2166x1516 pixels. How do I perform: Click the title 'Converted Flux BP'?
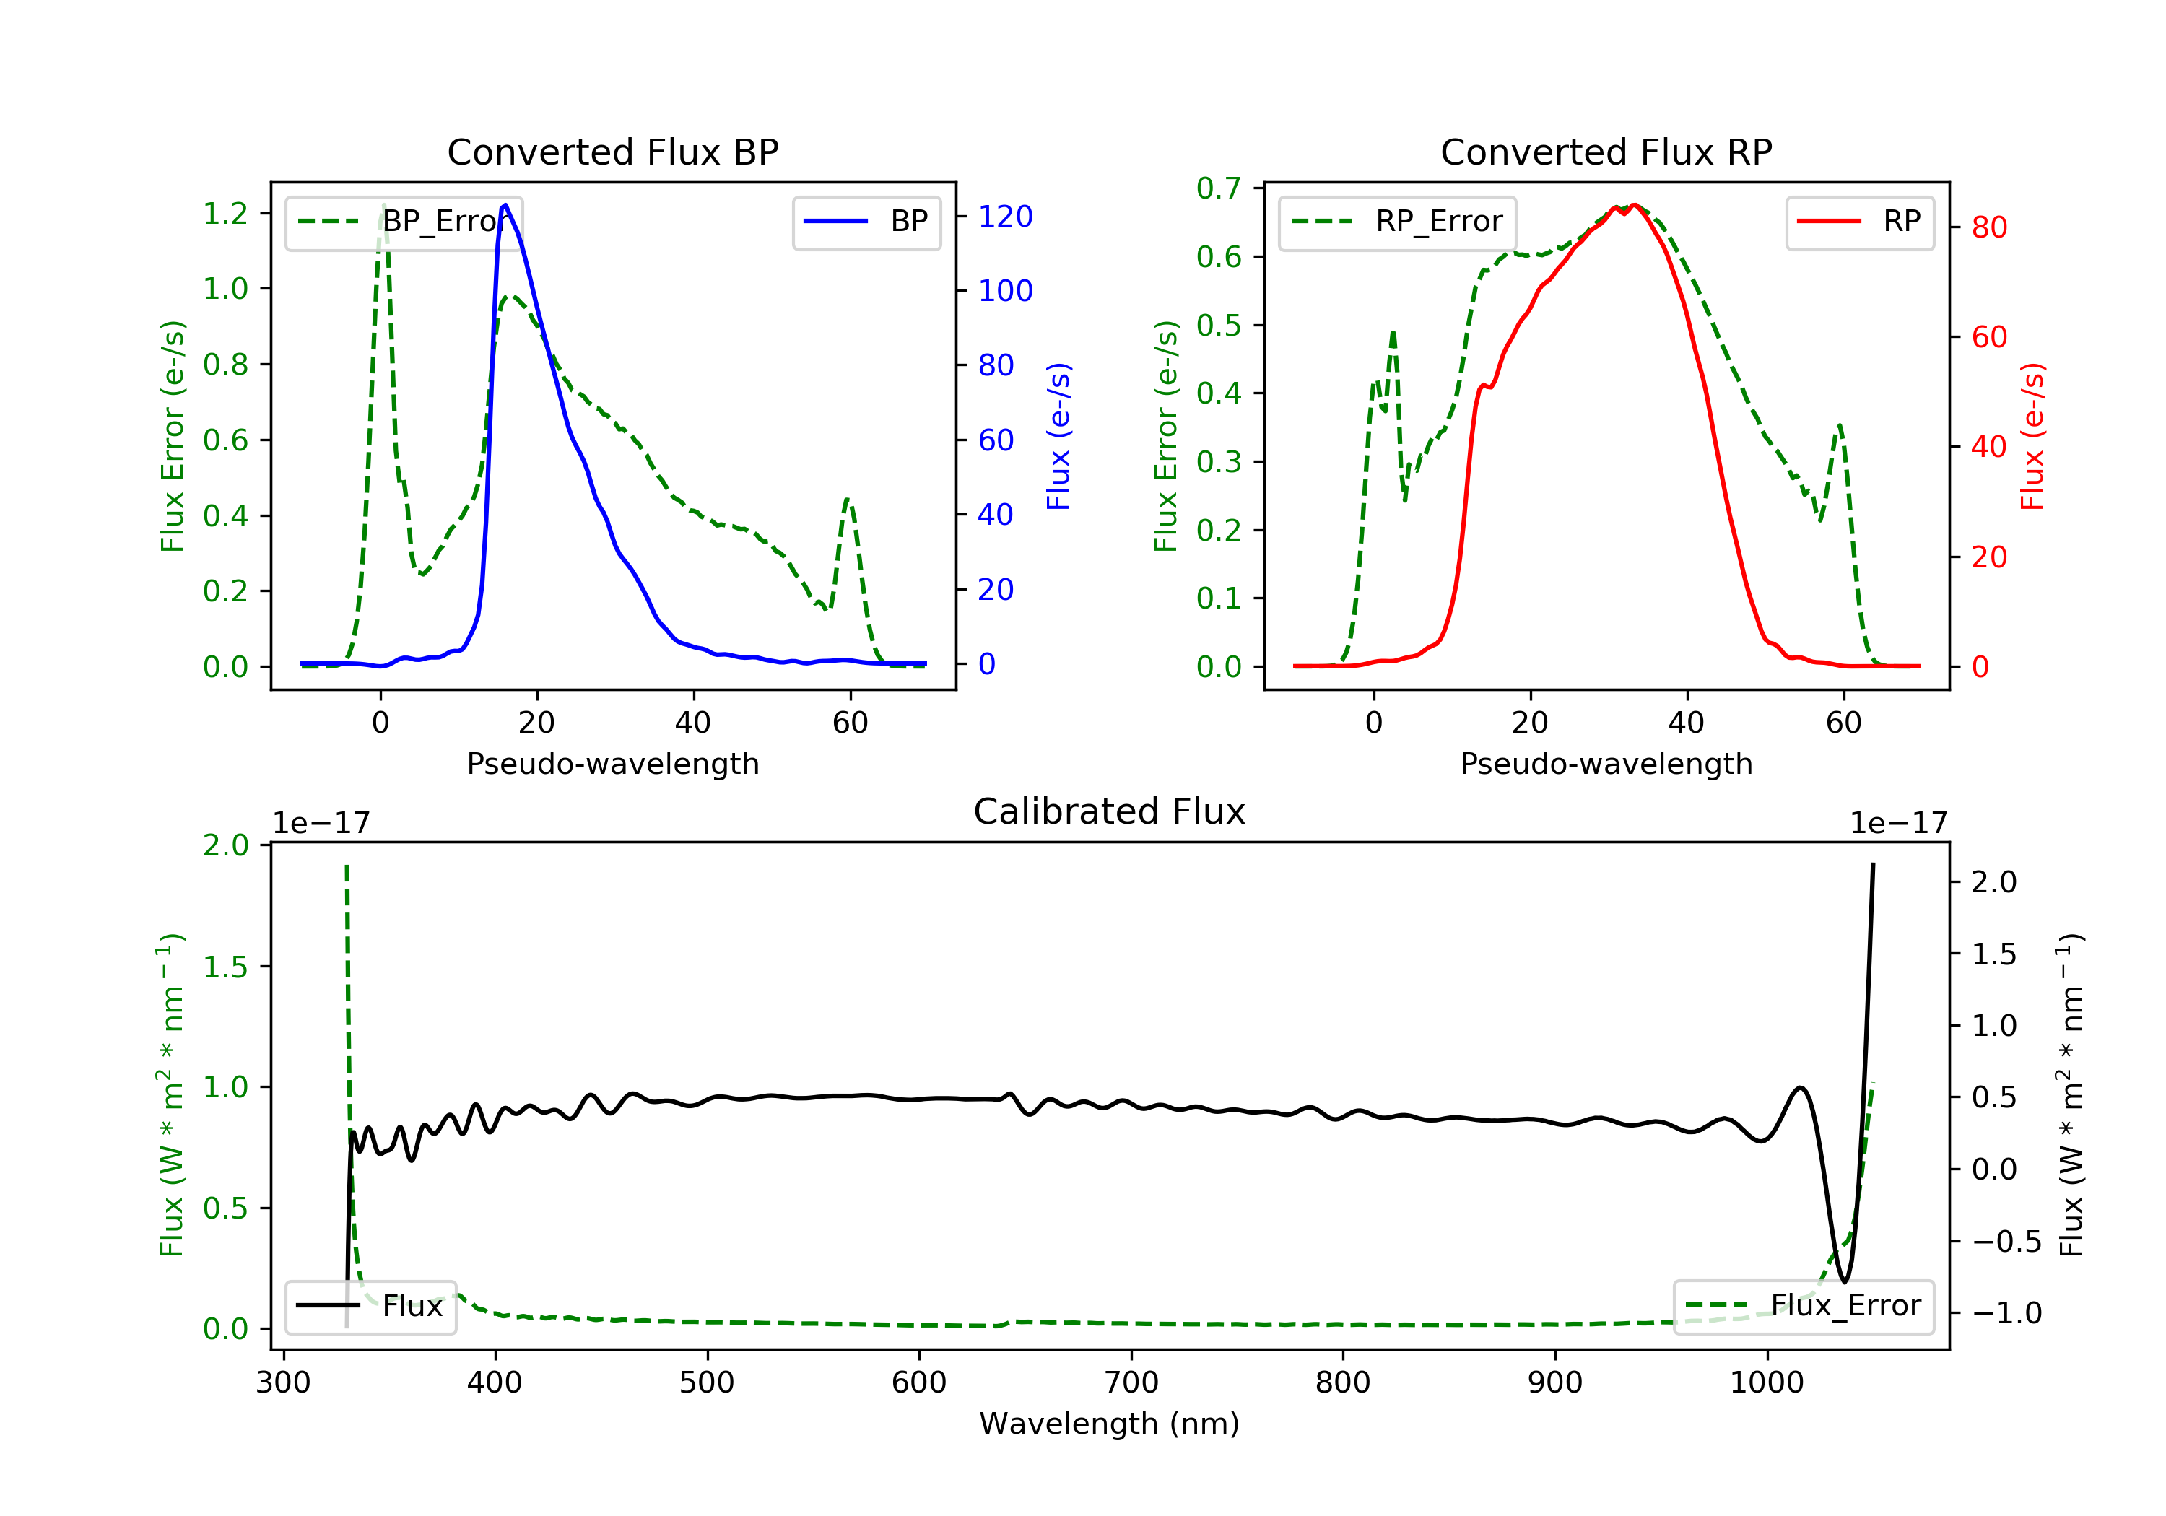612,152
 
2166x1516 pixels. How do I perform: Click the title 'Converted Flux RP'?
1606,152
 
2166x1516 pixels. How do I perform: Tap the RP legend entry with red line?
1859,222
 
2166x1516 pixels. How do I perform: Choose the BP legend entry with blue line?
866,222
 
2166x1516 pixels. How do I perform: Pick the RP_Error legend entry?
1397,222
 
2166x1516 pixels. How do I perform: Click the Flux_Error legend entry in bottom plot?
1803,1306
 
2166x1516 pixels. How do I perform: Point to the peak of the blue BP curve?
505,205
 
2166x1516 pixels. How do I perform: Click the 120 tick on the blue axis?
1006,217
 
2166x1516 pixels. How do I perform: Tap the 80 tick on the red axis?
1988,227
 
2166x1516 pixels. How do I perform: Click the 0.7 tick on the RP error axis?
1219,188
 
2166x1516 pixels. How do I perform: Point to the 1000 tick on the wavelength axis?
1766,1383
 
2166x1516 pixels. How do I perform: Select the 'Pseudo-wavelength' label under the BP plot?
612,763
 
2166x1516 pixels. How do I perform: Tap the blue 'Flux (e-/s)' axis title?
1058,436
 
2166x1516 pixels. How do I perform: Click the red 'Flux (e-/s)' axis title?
2032,436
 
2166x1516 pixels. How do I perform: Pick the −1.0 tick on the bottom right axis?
2006,1313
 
